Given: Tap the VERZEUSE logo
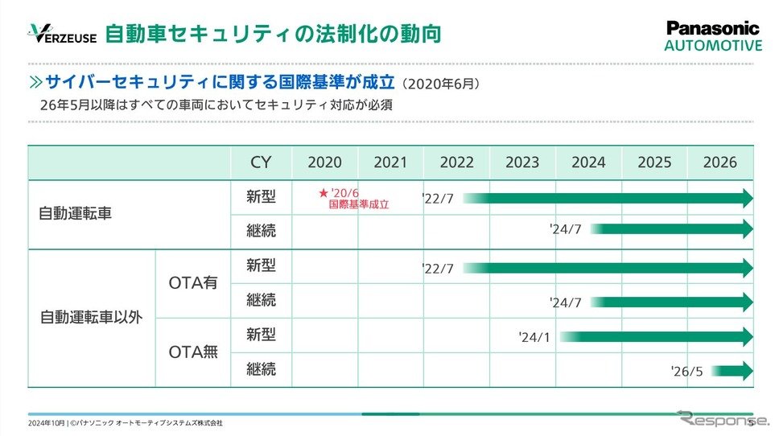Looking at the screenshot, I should [x=62, y=35].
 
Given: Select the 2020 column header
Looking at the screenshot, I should [x=324, y=162].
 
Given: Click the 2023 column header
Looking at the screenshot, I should [x=522, y=162].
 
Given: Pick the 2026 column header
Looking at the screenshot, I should [x=719, y=162].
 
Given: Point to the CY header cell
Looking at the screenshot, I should [x=261, y=162].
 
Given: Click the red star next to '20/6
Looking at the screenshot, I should [x=323, y=193].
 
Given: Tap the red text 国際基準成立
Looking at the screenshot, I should [x=359, y=205].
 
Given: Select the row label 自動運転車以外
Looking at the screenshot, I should [x=91, y=317].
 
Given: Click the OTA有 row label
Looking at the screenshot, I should [x=193, y=282].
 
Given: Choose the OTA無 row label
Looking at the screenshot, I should [x=193, y=352].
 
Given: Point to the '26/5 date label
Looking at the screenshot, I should [x=686, y=372].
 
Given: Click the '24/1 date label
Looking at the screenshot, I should [x=534, y=337].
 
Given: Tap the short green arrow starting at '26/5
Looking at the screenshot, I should [x=732, y=371].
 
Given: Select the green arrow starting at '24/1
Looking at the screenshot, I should [x=656, y=336].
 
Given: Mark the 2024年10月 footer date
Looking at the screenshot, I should [x=46, y=423].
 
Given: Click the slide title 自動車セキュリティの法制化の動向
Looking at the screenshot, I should [x=273, y=35].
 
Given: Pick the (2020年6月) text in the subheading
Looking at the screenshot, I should [x=443, y=84].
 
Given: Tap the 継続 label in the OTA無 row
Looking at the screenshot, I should [x=261, y=369].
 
